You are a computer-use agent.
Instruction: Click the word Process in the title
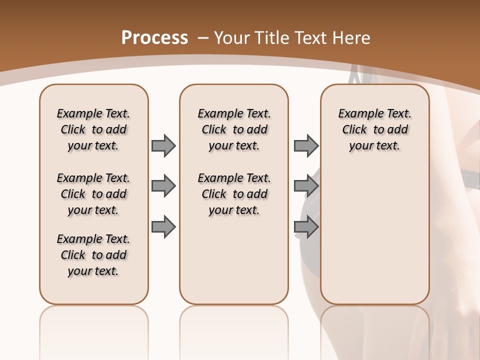click(x=154, y=37)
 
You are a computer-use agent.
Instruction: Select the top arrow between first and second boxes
click(x=163, y=145)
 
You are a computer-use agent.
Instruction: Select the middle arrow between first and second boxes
click(x=163, y=186)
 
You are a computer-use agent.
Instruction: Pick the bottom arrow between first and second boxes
click(x=163, y=227)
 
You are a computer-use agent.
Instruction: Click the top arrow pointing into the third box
click(x=306, y=145)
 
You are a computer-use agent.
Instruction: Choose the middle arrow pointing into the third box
click(x=306, y=186)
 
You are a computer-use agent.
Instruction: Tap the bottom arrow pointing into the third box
click(x=306, y=227)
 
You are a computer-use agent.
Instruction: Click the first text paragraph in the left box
click(x=93, y=129)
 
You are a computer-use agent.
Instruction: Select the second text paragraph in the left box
click(x=93, y=194)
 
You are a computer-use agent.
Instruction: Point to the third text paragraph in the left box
click(x=93, y=255)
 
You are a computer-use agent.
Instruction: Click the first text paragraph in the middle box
click(x=234, y=129)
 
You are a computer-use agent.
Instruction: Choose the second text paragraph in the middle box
click(x=234, y=194)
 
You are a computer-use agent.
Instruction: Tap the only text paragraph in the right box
click(x=374, y=129)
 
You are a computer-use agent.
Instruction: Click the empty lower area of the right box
click(x=374, y=235)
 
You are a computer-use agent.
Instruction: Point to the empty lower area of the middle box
click(x=234, y=260)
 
